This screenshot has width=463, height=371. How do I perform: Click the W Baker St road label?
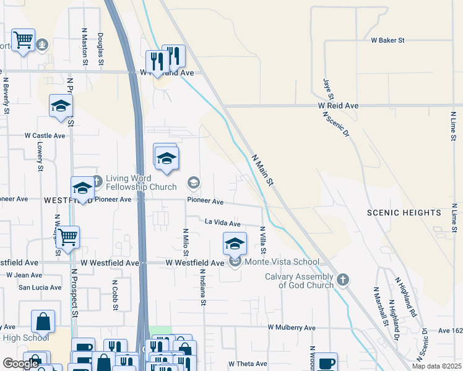point(387,40)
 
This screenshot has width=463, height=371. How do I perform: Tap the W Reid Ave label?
point(339,106)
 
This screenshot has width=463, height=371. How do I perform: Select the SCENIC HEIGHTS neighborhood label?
point(404,213)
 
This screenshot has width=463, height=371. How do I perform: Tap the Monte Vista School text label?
point(282,262)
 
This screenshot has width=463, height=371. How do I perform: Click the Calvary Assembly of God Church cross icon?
point(344,281)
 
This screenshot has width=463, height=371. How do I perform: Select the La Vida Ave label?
point(223,223)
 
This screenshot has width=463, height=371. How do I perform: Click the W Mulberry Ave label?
point(292,327)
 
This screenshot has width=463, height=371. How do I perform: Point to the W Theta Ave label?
point(248,364)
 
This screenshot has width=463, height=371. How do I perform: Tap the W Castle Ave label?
point(45,135)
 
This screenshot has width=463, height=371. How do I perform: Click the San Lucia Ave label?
point(40,287)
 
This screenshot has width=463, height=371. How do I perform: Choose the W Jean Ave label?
point(25,274)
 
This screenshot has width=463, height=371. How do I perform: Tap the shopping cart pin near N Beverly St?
point(24,40)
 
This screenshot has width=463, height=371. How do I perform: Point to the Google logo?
point(20,364)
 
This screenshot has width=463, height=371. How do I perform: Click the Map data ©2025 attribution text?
point(436,366)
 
